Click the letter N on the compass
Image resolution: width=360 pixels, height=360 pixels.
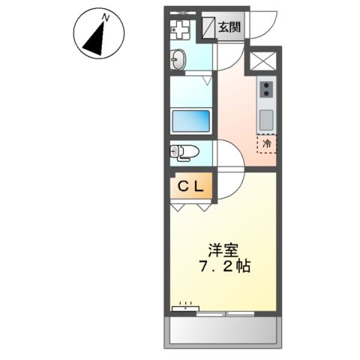pos(106,16)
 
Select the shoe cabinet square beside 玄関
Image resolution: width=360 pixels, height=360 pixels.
pos(208,28)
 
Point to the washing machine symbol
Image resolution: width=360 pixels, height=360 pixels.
pos(180,29)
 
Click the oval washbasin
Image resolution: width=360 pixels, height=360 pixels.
pos(179,61)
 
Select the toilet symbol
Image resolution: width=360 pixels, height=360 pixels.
pos(184,153)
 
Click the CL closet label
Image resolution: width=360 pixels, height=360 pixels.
pos(191,187)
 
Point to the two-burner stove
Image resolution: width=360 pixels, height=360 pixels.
pos(266,90)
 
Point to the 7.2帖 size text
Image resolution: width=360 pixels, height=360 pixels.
pos(224,266)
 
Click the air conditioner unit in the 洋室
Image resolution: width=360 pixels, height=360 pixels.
pos(185,307)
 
